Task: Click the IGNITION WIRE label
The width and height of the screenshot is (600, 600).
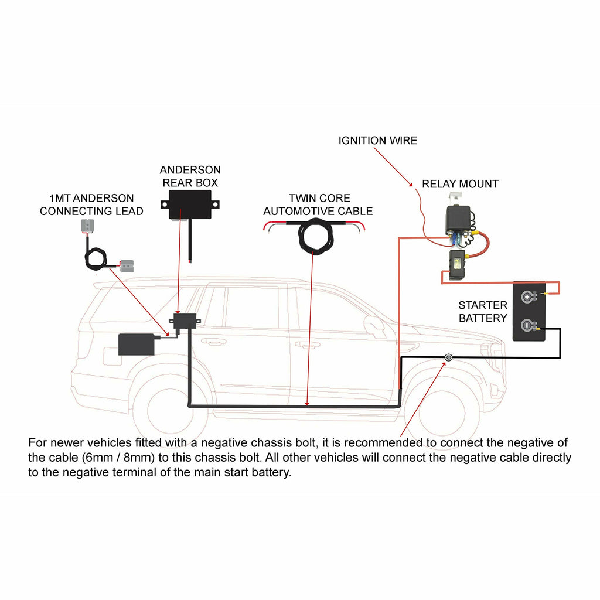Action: point(378,141)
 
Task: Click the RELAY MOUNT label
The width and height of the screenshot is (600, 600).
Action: point(460,184)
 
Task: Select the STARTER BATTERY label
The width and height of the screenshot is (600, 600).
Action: point(483,312)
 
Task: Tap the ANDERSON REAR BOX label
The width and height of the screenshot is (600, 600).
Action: point(190,176)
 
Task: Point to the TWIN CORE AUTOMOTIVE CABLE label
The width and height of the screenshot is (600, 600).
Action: point(318,204)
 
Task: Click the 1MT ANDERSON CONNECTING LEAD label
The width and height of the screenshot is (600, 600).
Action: point(91,205)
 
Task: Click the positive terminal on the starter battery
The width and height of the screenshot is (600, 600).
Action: point(527,296)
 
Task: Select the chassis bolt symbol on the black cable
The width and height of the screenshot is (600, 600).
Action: point(448,357)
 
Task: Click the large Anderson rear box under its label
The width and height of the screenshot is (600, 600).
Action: point(190,204)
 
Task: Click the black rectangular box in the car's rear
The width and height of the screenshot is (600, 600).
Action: point(137,345)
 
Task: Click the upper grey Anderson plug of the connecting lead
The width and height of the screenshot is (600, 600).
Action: point(89,226)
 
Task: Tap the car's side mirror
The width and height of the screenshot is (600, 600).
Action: point(374,324)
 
